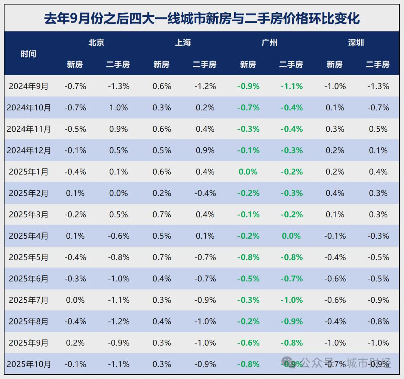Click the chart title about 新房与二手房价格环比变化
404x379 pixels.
click(x=202, y=18)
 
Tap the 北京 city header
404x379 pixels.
click(x=96, y=43)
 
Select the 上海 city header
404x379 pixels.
click(x=183, y=43)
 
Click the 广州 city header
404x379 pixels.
click(x=269, y=43)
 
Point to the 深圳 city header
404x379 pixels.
click(x=356, y=43)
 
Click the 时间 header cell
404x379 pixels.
click(x=28, y=54)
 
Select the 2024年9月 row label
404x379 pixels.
click(x=29, y=86)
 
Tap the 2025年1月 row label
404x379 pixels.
click(x=29, y=172)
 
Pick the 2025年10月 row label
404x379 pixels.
click(x=29, y=364)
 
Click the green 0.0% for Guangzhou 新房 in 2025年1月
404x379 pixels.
click(x=248, y=172)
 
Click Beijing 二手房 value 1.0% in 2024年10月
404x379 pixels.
click(x=119, y=108)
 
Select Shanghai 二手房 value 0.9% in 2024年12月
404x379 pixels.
click(x=205, y=150)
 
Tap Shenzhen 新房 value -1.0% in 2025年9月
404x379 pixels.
click(x=335, y=343)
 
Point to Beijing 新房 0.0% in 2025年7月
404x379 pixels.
click(x=75, y=300)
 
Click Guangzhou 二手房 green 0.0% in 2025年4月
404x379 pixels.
click(x=291, y=236)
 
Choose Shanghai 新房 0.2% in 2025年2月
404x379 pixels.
click(x=162, y=193)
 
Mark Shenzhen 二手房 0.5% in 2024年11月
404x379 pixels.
click(x=378, y=129)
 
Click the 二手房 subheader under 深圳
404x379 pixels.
click(x=377, y=65)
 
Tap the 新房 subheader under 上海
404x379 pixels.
click(x=162, y=65)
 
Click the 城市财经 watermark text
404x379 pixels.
click(x=368, y=363)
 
